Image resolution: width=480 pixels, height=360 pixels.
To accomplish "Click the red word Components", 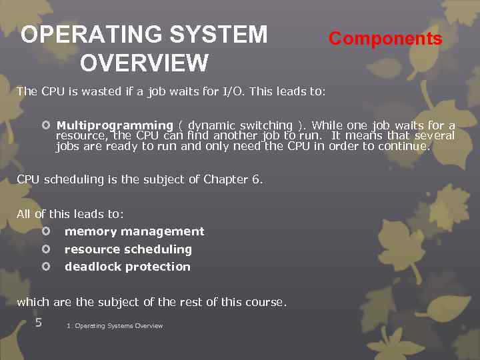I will pyautogui.click(x=385, y=39).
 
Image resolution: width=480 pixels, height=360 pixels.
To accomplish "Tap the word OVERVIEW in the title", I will pyautogui.click(x=144, y=63).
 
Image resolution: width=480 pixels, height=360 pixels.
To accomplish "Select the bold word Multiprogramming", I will pyautogui.click(x=115, y=125).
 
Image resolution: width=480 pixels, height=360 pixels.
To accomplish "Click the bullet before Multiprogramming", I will pyautogui.click(x=45, y=125).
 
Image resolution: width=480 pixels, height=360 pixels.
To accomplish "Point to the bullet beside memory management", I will pyautogui.click(x=45, y=231).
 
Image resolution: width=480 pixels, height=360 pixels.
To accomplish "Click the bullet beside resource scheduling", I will pyautogui.click(x=45, y=249).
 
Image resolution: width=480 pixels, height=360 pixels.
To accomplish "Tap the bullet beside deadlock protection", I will pyautogui.click(x=45, y=267).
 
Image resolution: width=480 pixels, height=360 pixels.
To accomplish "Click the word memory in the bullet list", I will pyautogui.click(x=87, y=231).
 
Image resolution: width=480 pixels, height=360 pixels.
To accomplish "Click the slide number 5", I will pyautogui.click(x=39, y=323).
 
